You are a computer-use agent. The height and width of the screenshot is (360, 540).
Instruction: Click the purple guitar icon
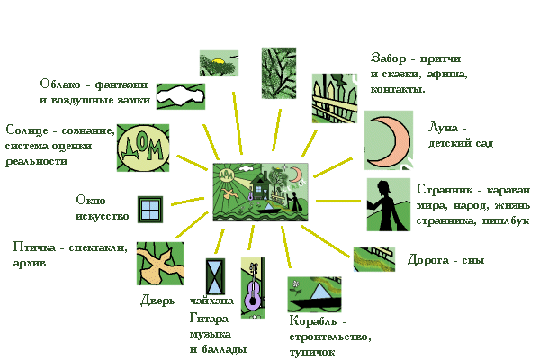[253, 288]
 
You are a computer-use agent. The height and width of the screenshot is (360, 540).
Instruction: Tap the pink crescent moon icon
[389, 140]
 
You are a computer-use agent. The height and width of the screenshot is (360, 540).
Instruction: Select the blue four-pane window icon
[150, 210]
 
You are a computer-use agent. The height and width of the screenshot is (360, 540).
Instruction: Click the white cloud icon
[181, 96]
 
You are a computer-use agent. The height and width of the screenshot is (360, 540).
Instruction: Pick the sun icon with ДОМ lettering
[143, 148]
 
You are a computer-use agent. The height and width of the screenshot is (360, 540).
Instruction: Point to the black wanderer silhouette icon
[389, 204]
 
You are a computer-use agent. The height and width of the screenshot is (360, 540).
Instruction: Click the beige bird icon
[160, 264]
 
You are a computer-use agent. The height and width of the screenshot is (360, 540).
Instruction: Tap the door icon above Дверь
[215, 276]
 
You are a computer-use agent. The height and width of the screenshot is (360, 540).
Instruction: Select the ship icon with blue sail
[314, 294]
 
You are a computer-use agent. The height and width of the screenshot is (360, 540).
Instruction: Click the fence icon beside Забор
[335, 98]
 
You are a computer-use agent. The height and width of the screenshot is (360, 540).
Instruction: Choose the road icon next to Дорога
[374, 259]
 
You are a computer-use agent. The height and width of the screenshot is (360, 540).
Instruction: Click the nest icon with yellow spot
[219, 64]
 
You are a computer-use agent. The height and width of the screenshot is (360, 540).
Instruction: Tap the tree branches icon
[279, 74]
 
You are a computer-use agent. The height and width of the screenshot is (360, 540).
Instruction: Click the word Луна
[443, 128]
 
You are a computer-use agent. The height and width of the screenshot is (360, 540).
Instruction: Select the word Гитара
[209, 319]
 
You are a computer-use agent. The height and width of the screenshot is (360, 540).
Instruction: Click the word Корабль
[312, 321]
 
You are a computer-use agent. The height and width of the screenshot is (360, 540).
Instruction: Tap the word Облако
[60, 85]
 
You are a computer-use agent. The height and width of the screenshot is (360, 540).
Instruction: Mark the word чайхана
[211, 301]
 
